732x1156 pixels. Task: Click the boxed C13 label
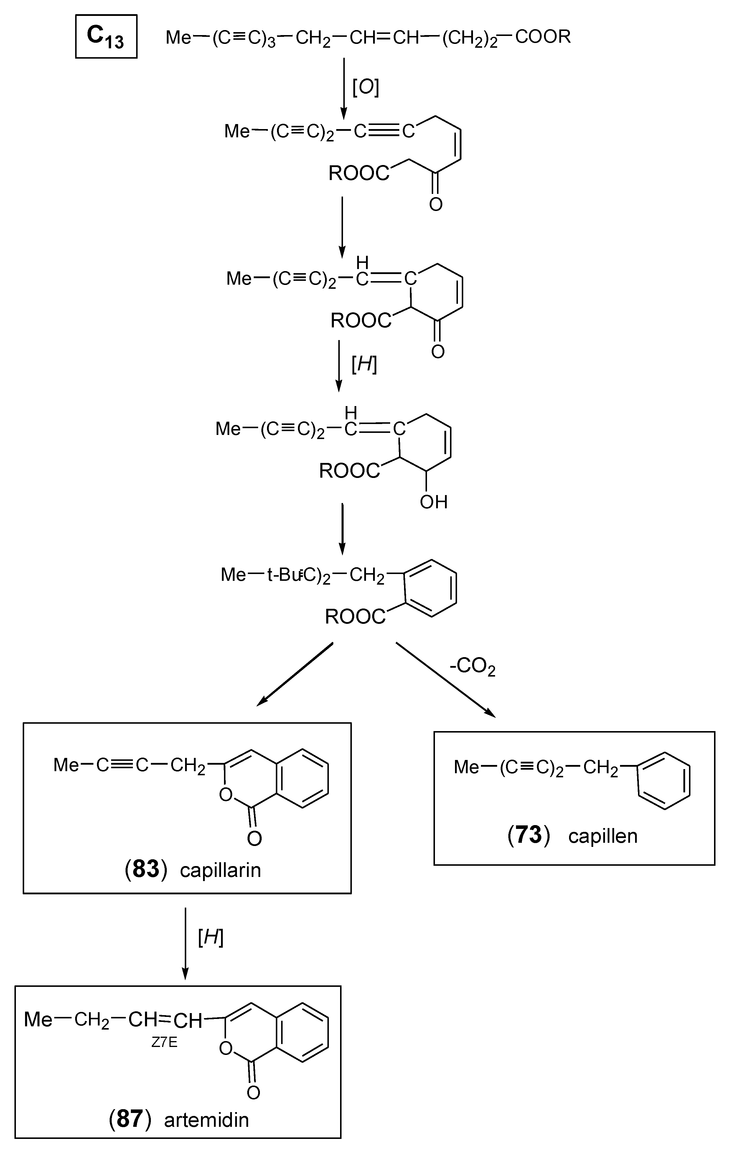106,37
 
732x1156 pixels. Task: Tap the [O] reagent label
366,88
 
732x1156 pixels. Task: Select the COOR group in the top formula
543,37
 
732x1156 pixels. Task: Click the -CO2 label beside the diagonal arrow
472,667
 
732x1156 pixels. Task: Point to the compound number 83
146,869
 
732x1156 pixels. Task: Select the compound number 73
528,835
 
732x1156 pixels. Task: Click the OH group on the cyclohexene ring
433,502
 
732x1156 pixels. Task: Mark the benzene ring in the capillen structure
664,781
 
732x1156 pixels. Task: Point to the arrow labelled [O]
343,89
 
